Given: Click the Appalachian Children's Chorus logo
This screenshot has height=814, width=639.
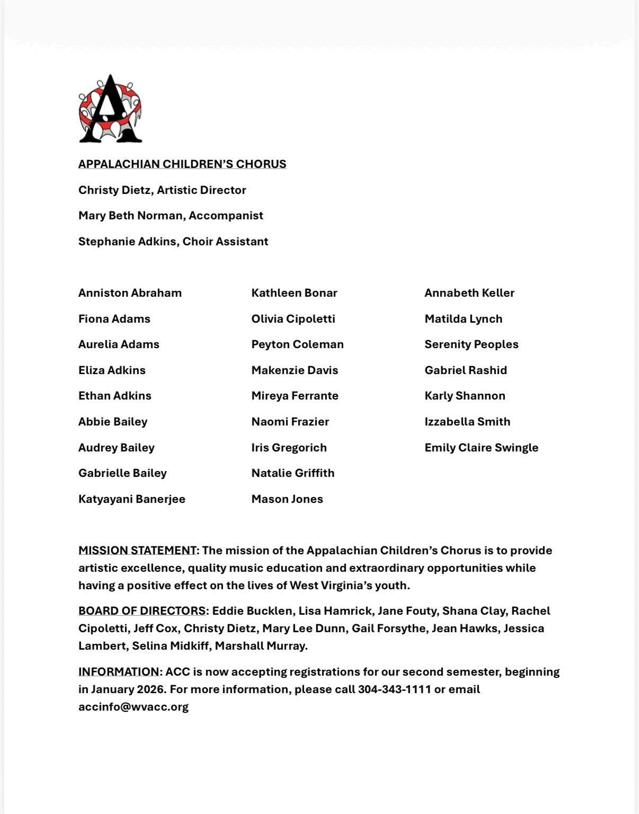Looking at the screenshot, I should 110,109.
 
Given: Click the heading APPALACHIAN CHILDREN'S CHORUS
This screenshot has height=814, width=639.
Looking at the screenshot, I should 182,164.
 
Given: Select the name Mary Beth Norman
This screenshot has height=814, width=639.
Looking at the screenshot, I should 131,216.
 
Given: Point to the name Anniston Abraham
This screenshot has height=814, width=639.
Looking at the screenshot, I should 130,293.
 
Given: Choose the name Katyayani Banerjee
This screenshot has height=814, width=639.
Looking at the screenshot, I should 131,499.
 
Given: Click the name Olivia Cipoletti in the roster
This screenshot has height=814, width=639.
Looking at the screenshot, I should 293,319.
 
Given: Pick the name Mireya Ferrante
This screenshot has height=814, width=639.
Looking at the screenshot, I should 295,396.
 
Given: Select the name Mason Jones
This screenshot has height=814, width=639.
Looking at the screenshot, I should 287,499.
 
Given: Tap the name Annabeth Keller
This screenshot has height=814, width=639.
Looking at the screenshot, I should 469,293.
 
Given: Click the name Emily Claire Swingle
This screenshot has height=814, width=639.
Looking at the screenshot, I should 481,448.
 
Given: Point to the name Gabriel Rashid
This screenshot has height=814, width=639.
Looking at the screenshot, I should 465,370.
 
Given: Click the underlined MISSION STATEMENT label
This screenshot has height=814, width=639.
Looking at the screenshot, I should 137,551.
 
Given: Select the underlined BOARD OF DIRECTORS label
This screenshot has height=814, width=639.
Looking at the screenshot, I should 142,611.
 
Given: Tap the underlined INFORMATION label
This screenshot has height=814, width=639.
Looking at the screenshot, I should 119,672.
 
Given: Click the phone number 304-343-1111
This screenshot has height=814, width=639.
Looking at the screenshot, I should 394,689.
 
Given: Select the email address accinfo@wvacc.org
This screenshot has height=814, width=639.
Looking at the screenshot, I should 134,707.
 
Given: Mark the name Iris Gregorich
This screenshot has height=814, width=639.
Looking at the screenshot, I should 289,448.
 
